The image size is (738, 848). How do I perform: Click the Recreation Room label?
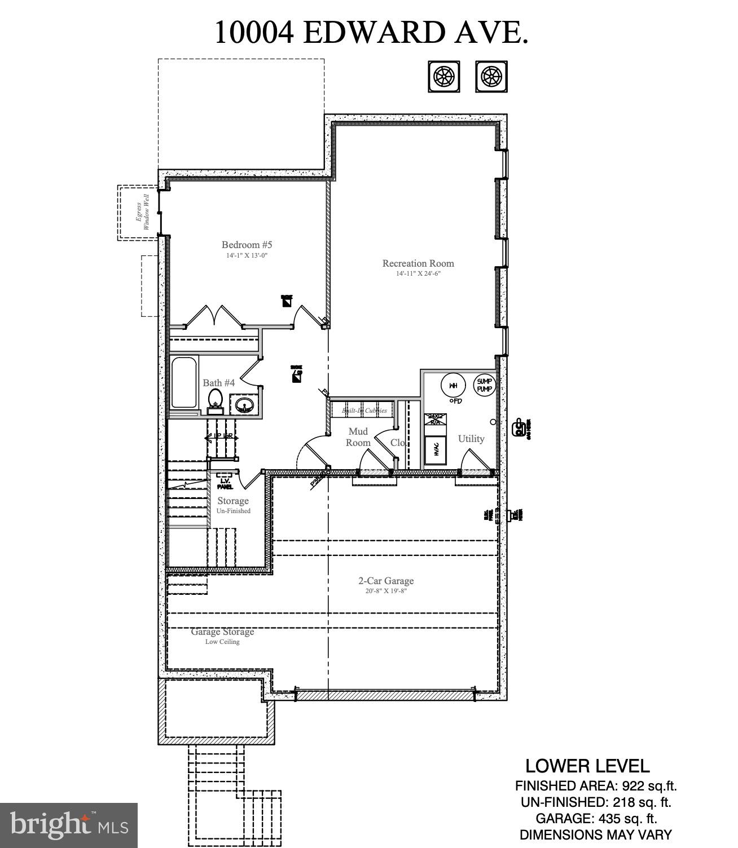(418, 263)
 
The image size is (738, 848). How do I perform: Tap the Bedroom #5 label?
(247, 245)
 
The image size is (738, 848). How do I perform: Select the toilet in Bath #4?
(215, 398)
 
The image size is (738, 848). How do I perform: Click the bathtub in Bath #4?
(184, 382)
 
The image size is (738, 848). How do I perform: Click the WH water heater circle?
(453, 386)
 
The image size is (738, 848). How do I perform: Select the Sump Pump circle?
(485, 386)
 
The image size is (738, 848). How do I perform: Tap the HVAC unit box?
(436, 449)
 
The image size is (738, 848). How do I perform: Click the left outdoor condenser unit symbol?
(443, 76)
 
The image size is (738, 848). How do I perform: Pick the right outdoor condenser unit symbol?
(491, 76)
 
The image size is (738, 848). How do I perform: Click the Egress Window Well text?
(142, 213)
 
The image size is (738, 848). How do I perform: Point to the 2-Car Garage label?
(386, 581)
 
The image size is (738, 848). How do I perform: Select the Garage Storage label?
(222, 632)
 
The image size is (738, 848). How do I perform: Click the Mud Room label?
(358, 437)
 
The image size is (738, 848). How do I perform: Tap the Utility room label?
(471, 439)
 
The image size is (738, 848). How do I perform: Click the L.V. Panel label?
(225, 483)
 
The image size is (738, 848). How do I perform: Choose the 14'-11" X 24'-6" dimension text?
(418, 274)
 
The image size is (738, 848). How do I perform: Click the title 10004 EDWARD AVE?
(371, 33)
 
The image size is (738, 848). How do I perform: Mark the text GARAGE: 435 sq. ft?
(596, 818)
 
